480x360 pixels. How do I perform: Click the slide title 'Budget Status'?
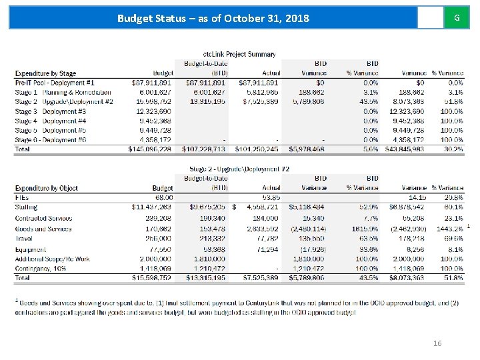(x=213, y=18)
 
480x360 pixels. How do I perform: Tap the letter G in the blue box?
(x=456, y=17)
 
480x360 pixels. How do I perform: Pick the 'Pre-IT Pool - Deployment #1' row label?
(x=55, y=82)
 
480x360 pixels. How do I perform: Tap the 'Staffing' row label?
(x=26, y=207)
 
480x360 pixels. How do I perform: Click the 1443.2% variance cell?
(x=447, y=229)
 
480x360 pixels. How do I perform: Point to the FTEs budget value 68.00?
(x=163, y=197)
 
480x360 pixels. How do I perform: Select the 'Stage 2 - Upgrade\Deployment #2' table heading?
(x=239, y=169)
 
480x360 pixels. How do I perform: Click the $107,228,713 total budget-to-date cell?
(x=205, y=150)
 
